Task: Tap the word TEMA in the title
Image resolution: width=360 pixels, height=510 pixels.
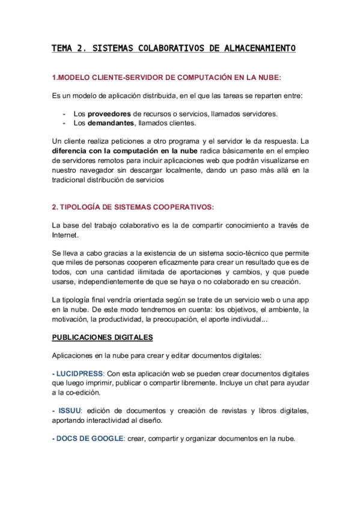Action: (62, 49)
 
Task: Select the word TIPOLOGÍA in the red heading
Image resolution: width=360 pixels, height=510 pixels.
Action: (81, 207)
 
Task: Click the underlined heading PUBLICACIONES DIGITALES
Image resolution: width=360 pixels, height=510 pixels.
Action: (103, 337)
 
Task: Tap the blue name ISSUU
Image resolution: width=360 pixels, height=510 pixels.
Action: (70, 410)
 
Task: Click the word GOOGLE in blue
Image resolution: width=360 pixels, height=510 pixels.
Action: (105, 438)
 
